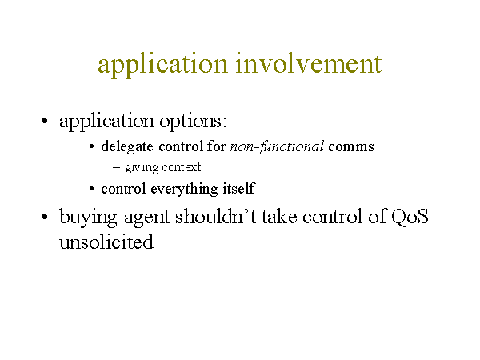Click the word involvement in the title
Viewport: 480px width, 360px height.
[x=309, y=63]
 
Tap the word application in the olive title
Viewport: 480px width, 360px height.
[x=163, y=66]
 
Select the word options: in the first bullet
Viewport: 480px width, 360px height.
[x=193, y=122]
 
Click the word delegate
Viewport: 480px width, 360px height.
[x=127, y=146]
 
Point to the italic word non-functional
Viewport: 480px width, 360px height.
[x=277, y=146]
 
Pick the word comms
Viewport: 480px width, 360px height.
[x=351, y=147]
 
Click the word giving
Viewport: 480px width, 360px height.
[x=142, y=167]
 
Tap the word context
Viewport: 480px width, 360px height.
[x=182, y=167]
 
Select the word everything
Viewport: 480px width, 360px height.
[x=184, y=189]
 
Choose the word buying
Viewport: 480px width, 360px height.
[x=88, y=218]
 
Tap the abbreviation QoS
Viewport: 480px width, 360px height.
[x=410, y=217]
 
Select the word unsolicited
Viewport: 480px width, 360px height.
[x=106, y=242]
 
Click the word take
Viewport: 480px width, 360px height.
[x=279, y=217]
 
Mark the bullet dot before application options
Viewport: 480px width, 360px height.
[x=44, y=121]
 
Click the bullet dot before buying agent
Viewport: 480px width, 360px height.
[x=44, y=217]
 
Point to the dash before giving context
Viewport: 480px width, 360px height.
[x=116, y=167]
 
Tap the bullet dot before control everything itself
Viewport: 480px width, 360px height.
[x=91, y=189]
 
